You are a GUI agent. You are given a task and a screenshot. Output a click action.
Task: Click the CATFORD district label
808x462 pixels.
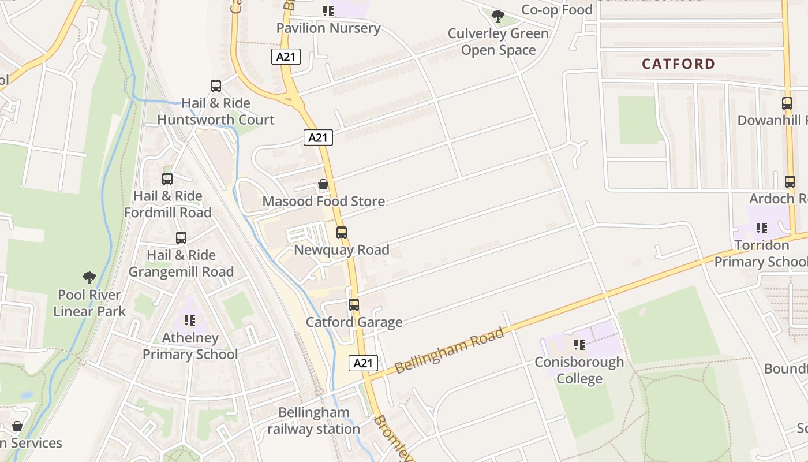coord(678,64)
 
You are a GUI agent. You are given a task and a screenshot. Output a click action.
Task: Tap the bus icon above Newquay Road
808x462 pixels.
coord(342,233)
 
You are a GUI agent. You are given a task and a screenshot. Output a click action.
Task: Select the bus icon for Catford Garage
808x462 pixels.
coord(354,305)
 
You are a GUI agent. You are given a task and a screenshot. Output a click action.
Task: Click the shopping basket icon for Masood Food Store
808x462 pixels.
coord(323,184)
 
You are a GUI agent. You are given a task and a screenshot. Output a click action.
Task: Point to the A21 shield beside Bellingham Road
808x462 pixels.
coord(363,363)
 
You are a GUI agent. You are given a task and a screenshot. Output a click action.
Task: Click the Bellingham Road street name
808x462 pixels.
coord(451,350)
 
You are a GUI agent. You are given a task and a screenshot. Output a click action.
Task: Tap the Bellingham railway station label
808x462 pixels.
coord(314,421)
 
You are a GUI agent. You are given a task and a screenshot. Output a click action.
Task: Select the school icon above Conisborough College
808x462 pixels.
coord(579,345)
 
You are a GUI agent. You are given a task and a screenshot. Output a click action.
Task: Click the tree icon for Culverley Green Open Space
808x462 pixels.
coord(498,16)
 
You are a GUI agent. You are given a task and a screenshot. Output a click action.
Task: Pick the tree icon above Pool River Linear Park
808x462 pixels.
coord(89,277)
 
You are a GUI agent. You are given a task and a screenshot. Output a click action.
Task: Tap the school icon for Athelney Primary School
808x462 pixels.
coord(190,321)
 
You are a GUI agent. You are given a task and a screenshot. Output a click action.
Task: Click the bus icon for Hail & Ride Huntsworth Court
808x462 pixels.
coord(216,86)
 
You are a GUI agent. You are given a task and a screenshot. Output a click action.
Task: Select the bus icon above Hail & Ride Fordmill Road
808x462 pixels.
coord(167,179)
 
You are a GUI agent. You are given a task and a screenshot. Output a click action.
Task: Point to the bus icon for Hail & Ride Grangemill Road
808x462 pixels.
coord(181,238)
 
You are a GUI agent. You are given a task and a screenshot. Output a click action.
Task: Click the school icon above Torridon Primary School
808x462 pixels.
coord(762,228)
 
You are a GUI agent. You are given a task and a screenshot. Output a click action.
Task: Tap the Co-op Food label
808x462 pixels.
coord(556,10)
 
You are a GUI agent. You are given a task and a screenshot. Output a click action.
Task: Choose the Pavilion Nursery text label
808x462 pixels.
coord(328,28)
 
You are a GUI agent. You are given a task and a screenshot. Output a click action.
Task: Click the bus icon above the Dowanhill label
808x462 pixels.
coord(787,103)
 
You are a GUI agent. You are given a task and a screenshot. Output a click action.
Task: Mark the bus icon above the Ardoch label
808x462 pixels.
coord(790,182)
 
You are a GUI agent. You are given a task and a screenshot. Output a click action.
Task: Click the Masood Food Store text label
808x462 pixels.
coord(323,202)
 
